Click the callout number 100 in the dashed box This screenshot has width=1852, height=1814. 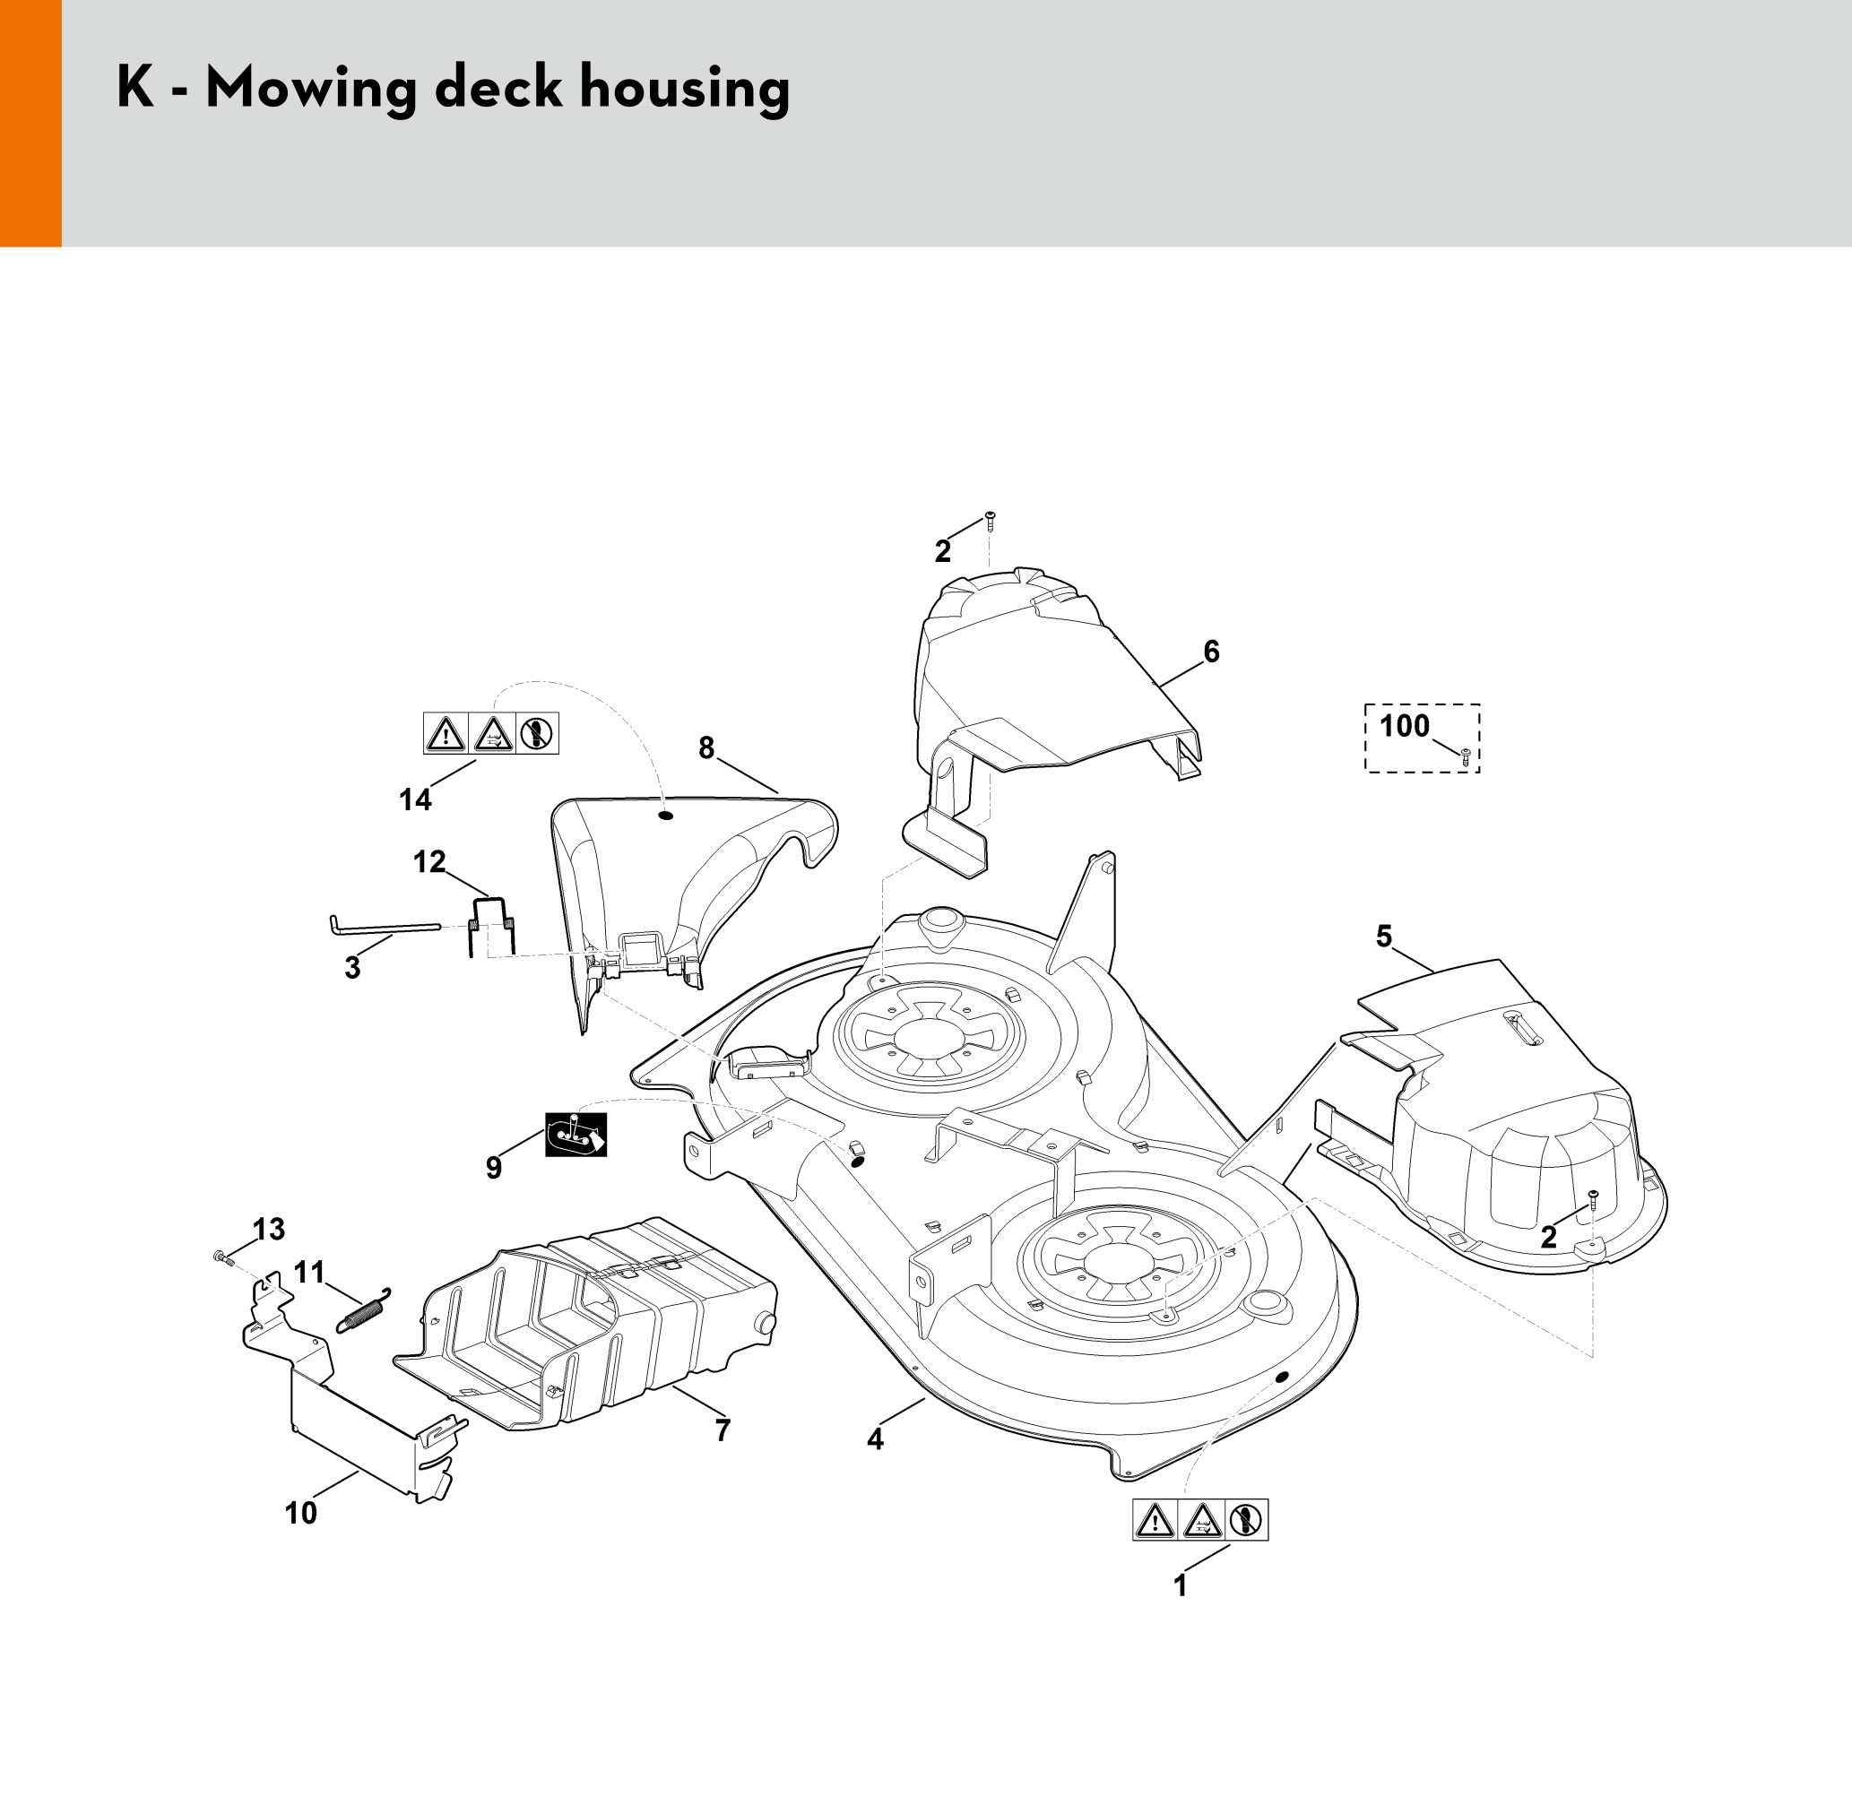(1405, 726)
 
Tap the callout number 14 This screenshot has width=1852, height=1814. (415, 800)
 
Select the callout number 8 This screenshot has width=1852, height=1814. (706, 749)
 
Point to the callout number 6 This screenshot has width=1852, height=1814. (1212, 652)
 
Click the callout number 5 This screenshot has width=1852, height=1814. (1384, 937)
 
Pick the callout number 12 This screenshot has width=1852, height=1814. (429, 862)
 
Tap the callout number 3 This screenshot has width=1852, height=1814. (352, 968)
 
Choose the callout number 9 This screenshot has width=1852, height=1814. (494, 1168)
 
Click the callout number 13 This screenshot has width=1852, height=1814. (269, 1230)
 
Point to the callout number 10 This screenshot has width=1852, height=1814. (301, 1513)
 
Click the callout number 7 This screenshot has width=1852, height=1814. (723, 1430)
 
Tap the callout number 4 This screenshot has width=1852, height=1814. (876, 1439)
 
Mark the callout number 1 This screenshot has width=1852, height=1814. (1181, 1586)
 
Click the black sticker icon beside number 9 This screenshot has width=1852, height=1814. (576, 1135)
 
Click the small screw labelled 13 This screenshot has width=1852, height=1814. (224, 1258)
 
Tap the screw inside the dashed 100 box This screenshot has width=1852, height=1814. (1466, 757)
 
